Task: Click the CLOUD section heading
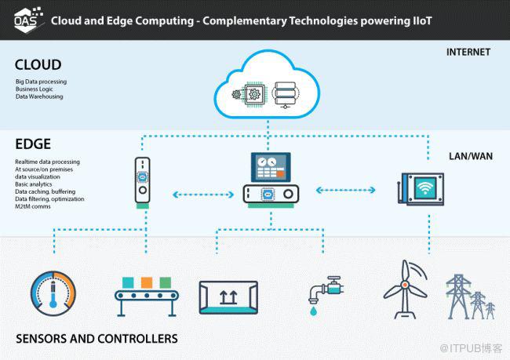[x=38, y=64]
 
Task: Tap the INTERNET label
[x=468, y=53]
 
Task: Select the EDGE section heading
[x=33, y=144]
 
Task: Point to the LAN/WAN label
[x=471, y=156]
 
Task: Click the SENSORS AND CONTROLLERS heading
[x=97, y=339]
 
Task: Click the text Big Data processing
[x=41, y=81]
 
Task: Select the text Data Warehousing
[x=39, y=96]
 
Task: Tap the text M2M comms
[x=31, y=206]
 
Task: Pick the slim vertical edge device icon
[x=142, y=182]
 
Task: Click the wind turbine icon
[x=406, y=289]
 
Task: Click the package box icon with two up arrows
[x=228, y=296]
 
